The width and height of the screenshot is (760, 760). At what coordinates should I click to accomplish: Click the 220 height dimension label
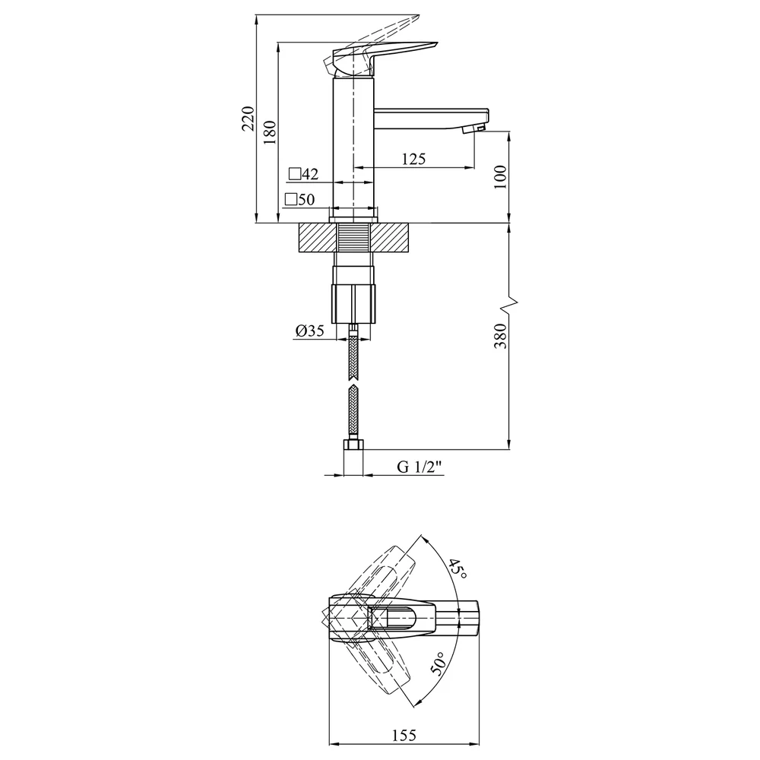(249, 119)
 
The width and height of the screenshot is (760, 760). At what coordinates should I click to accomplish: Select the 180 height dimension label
(271, 132)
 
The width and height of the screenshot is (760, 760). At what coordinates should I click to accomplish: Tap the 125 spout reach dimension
(413, 159)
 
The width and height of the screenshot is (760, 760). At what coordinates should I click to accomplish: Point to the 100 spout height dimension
(500, 176)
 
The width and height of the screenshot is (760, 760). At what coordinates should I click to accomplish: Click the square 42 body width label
(304, 174)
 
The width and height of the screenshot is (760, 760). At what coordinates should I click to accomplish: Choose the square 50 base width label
(300, 199)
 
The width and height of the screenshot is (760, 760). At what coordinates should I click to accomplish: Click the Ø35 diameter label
(310, 331)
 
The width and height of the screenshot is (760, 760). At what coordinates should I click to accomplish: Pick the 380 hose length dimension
(500, 335)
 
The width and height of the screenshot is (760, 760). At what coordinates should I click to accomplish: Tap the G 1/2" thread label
(420, 467)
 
